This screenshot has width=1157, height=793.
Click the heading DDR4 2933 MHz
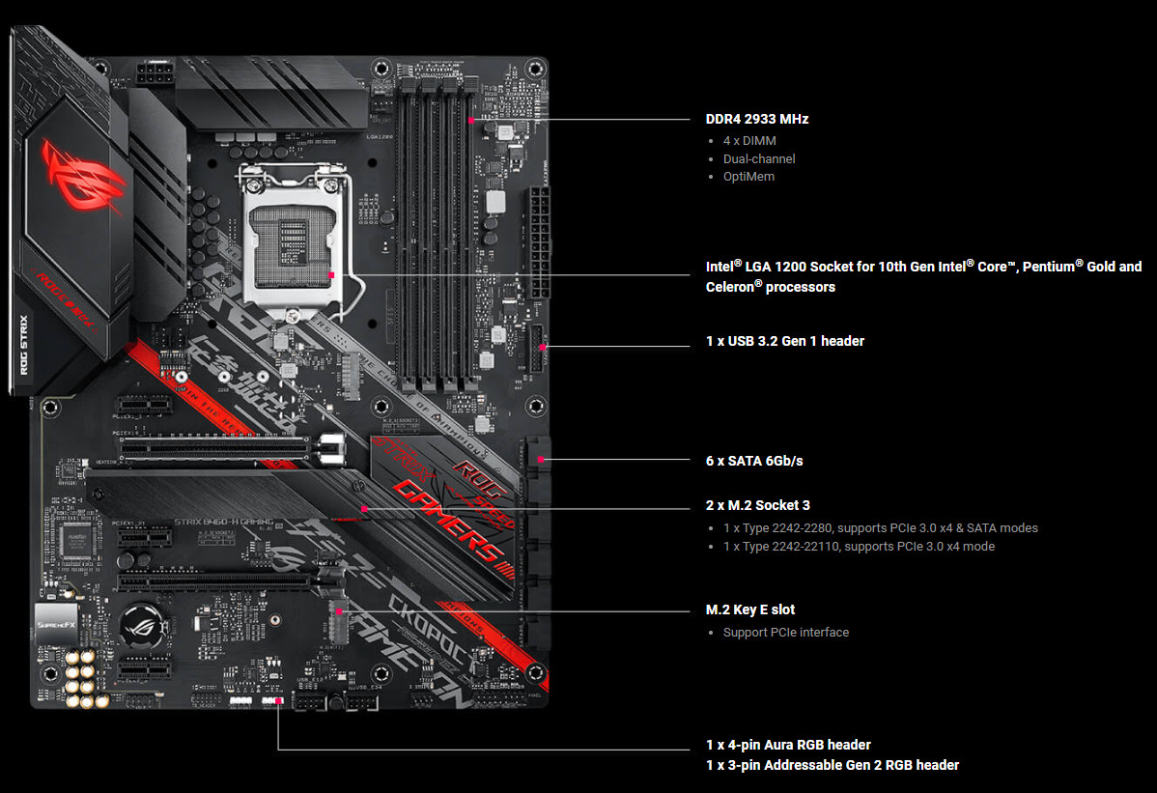tap(756, 120)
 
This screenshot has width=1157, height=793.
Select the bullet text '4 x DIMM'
tap(749, 141)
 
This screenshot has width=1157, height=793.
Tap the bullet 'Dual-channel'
tap(759, 158)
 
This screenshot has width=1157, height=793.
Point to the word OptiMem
tap(748, 177)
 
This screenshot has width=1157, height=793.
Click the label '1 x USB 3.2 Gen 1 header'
tap(784, 341)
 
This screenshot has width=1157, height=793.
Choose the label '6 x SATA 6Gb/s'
tap(754, 461)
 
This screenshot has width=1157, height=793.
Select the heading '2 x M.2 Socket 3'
tap(758, 505)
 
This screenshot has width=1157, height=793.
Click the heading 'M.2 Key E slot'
tap(750, 609)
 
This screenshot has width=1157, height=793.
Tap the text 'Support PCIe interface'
tap(785, 633)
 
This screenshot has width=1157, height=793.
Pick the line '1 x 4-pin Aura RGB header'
tap(788, 745)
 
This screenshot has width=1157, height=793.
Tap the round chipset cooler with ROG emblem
tap(145, 629)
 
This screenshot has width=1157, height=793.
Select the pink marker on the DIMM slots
tap(470, 121)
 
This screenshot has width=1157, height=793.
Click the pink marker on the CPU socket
tap(330, 274)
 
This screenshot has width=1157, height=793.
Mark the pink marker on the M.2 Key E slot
tap(340, 610)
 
